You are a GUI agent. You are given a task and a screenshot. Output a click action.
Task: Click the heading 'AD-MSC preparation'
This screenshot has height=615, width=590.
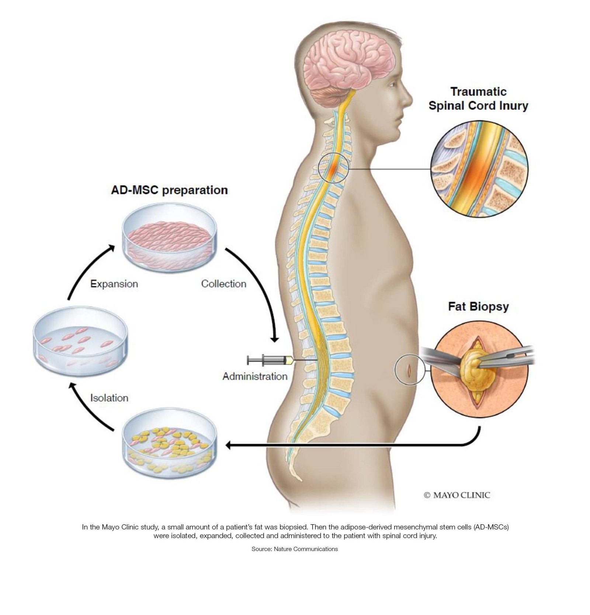(169, 190)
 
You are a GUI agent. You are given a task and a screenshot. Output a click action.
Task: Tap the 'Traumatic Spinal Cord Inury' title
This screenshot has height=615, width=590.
(478, 99)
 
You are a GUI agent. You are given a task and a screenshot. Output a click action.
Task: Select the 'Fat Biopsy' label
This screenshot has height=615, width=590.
(478, 306)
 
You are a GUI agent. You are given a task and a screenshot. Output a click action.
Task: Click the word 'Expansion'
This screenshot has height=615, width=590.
(114, 284)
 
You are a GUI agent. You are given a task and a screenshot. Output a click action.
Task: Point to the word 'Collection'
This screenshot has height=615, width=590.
(223, 284)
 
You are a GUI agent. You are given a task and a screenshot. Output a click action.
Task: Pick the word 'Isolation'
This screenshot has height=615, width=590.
(109, 398)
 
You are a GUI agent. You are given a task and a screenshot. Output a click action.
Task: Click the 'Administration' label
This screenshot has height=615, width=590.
(255, 376)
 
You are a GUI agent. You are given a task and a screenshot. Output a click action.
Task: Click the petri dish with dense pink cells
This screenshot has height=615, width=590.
(169, 238)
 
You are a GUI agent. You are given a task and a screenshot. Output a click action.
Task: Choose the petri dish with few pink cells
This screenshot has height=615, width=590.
(80, 341)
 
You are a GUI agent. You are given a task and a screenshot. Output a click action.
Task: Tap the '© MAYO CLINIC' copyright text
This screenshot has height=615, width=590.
(457, 495)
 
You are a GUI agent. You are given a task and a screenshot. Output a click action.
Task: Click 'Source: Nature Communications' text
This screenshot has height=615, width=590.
(295, 549)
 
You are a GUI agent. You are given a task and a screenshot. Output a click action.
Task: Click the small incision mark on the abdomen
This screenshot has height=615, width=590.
(409, 369)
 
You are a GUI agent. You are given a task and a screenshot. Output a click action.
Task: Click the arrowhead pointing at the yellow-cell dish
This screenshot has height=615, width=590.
(229, 445)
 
